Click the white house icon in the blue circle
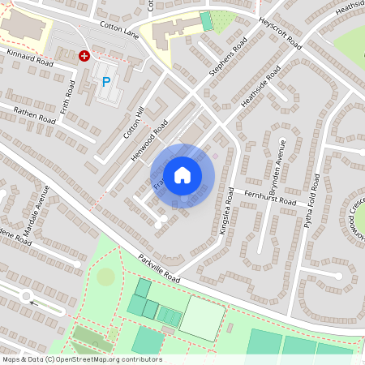click(x=182, y=174)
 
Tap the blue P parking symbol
click(x=106, y=82)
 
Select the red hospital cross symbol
click(x=84, y=56)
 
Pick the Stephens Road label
click(x=228, y=60)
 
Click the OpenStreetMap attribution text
click(x=82, y=359)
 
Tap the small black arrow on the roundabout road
click(x=33, y=303)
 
